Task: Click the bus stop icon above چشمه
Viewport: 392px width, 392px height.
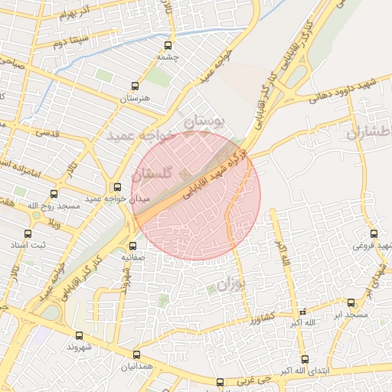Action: click(168, 45)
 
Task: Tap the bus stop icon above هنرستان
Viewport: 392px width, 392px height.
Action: click(136, 87)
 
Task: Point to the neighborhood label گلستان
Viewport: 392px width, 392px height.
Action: click(154, 175)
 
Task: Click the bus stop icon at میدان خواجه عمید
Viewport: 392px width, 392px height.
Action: click(117, 187)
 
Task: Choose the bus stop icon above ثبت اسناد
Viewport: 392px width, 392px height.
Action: click(28, 234)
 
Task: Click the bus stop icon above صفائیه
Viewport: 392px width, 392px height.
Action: click(132, 247)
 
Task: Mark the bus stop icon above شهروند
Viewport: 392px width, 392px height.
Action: click(79, 335)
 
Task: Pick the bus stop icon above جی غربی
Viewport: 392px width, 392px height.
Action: click(220, 381)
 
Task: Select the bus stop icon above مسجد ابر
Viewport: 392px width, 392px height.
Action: click(351, 303)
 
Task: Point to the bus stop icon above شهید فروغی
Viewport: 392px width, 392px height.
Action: click(374, 234)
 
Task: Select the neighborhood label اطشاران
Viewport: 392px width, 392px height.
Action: click(369, 133)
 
